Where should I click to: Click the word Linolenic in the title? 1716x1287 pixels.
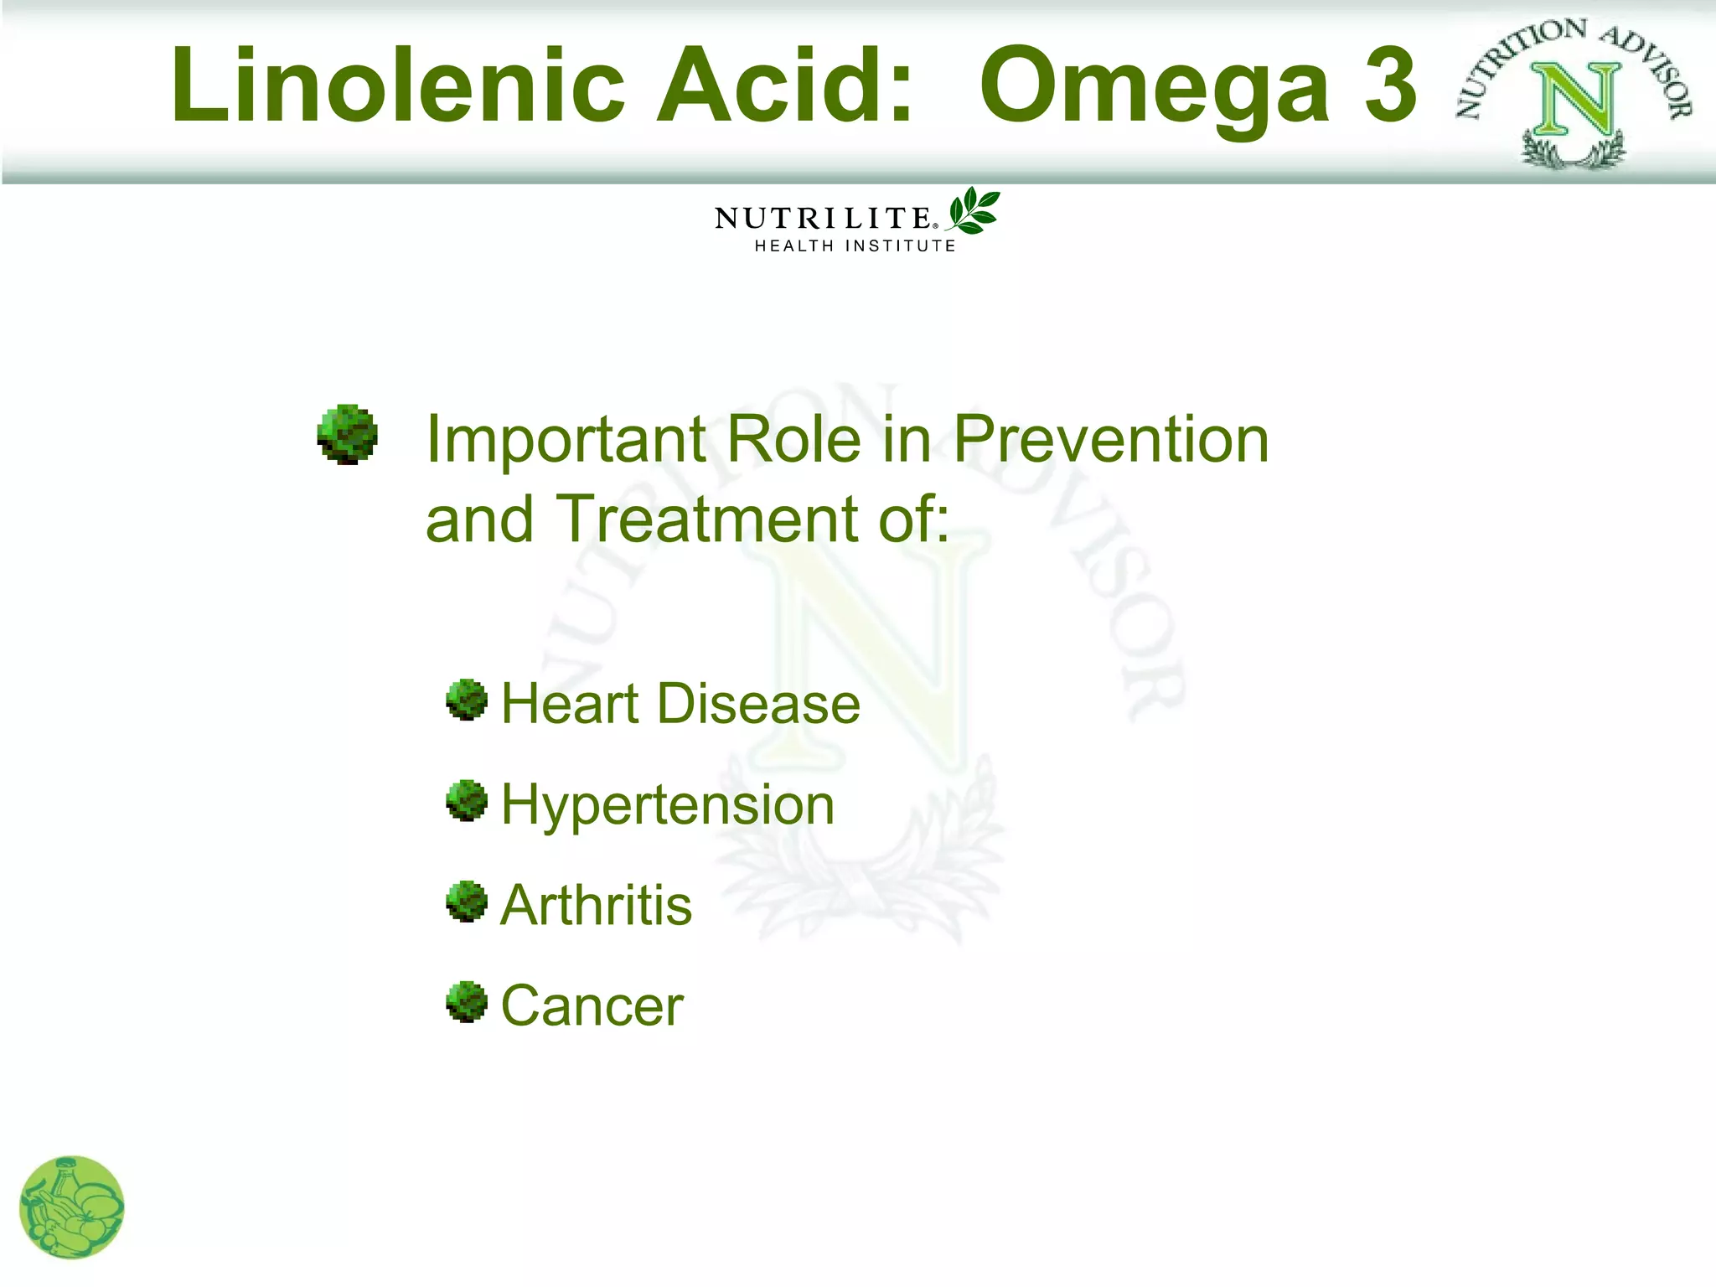(x=398, y=85)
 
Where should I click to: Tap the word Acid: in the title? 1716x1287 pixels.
(x=783, y=85)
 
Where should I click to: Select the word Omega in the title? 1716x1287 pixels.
(x=1154, y=85)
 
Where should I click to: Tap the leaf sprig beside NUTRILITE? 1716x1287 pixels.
(x=974, y=210)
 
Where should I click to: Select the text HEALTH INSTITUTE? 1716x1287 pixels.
(x=855, y=246)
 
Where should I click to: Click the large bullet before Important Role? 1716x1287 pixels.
(x=348, y=434)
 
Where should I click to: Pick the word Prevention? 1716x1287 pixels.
(x=1111, y=439)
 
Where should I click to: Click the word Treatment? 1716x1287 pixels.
(x=709, y=519)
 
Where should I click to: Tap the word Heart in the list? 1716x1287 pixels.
(x=571, y=703)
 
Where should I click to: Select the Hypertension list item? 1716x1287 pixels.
(x=667, y=805)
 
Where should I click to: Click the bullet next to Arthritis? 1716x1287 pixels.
(x=467, y=902)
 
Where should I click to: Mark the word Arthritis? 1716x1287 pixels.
(x=596, y=906)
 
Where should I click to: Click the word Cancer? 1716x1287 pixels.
(x=592, y=1005)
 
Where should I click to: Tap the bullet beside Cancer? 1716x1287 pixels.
(x=467, y=1002)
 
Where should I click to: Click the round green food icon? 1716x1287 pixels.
(x=72, y=1207)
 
